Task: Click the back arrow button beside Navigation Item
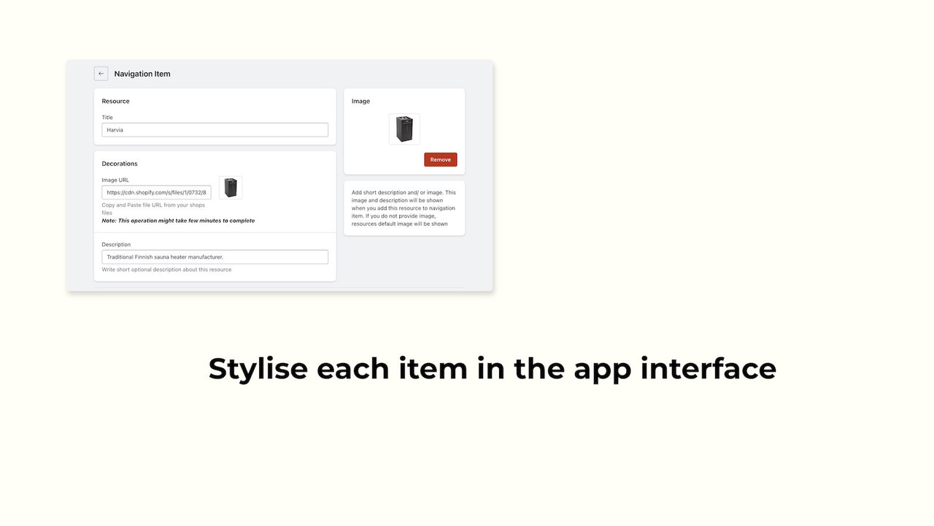tap(101, 74)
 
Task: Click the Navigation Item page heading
tap(142, 74)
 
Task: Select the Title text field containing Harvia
tap(215, 130)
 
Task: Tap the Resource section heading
tap(115, 102)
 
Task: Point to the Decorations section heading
tap(120, 164)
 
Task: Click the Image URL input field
tap(156, 193)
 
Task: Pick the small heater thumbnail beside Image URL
tap(231, 188)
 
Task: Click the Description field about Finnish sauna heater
tap(215, 257)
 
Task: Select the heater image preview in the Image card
tap(404, 129)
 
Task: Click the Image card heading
tap(360, 102)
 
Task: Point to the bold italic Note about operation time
tap(178, 221)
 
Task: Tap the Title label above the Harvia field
tap(107, 118)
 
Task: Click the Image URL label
tap(115, 180)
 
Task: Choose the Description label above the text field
tap(116, 245)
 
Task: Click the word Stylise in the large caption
tap(258, 368)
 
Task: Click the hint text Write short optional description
tap(166, 270)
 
